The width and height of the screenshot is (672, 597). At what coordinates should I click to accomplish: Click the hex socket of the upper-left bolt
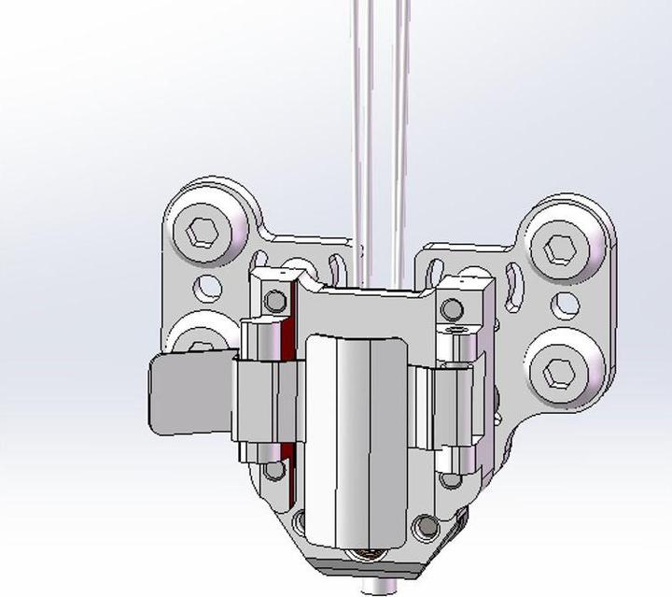pyautogui.click(x=203, y=232)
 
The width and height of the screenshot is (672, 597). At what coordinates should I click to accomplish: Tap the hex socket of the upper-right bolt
pyautogui.click(x=560, y=249)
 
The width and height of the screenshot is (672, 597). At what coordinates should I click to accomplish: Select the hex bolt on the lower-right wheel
pyautogui.click(x=560, y=371)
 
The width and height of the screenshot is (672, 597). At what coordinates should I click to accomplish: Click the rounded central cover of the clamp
pyautogui.click(x=356, y=439)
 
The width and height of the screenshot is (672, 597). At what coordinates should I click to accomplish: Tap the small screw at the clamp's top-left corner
pyautogui.click(x=274, y=301)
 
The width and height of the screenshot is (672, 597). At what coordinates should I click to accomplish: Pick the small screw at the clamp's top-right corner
pyautogui.click(x=452, y=308)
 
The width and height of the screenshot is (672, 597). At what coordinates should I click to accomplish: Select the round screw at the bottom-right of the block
pyautogui.click(x=425, y=528)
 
